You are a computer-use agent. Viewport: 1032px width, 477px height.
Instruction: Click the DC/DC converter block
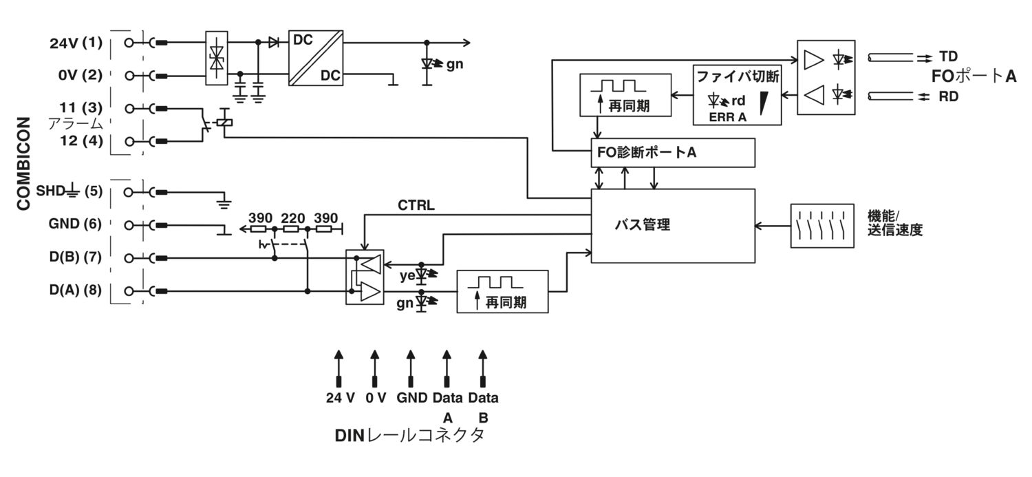coord(316,58)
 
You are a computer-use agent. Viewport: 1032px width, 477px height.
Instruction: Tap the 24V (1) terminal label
coord(76,43)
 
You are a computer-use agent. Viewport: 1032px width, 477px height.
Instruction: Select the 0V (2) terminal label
coord(80,75)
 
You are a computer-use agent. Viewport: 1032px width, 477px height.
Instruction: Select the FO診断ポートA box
coord(673,153)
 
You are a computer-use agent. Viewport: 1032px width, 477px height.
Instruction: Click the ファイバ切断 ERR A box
coord(737,96)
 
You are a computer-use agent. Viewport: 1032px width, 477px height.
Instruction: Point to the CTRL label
coord(416,205)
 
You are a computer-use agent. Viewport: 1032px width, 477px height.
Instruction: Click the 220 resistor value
coord(293,218)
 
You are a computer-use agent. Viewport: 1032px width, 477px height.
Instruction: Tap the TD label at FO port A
coord(948,56)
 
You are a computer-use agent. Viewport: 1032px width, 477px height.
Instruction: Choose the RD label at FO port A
coord(948,97)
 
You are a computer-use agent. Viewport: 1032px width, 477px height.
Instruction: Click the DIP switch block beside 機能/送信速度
coord(816,225)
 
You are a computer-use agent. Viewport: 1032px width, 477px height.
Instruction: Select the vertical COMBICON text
coord(24,163)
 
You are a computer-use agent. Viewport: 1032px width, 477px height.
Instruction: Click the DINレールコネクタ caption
coord(409,436)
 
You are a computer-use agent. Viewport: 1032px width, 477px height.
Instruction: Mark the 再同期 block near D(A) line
coord(503,292)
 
